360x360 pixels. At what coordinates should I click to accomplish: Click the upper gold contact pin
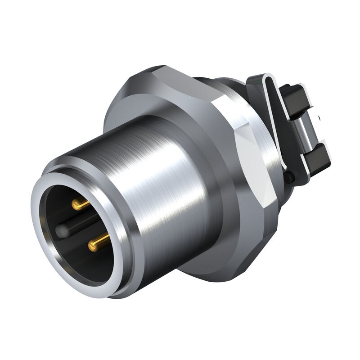[81, 205]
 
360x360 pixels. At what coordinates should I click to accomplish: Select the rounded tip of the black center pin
[61, 231]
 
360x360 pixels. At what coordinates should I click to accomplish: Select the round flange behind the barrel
[121, 112]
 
